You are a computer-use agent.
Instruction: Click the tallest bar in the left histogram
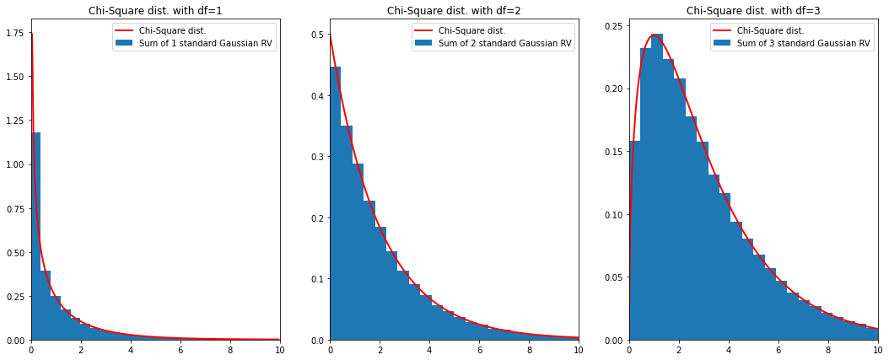pyautogui.click(x=36, y=236)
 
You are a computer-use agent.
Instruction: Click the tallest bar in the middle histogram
pyautogui.click(x=336, y=202)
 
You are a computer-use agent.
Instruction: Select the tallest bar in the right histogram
pyautogui.click(x=657, y=185)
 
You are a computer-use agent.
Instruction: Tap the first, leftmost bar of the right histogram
pyautogui.click(x=635, y=240)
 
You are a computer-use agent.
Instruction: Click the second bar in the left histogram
pyautogui.click(x=46, y=305)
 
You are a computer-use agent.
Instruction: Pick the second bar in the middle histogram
pyautogui.click(x=347, y=232)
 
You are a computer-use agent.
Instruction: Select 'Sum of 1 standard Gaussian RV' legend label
pyautogui.click(x=205, y=44)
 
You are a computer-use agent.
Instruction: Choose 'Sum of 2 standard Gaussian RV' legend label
pyautogui.click(x=504, y=44)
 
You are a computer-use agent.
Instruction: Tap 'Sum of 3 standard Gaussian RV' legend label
pyautogui.click(x=803, y=44)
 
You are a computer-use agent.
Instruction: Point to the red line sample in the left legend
pyautogui.click(x=124, y=31)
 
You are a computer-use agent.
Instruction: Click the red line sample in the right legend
pyautogui.click(x=722, y=31)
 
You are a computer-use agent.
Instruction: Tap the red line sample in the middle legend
pyautogui.click(x=423, y=31)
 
